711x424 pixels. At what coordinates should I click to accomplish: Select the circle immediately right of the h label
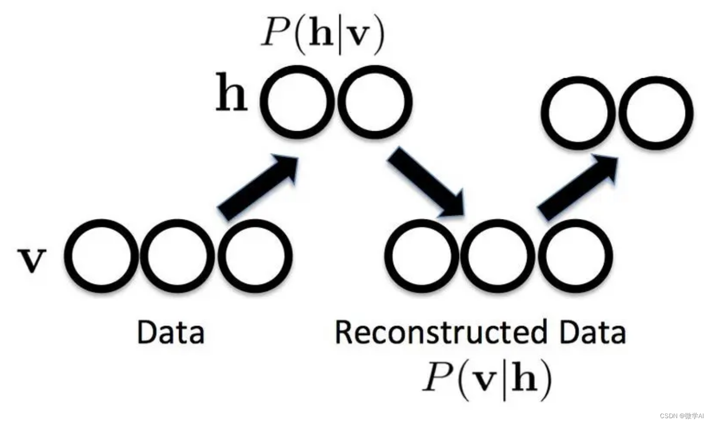[297, 102]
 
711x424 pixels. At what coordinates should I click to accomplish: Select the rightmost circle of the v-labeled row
[255, 256]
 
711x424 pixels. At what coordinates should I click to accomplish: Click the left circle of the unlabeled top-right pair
[578, 113]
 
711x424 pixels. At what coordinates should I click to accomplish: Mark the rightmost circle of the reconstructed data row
[576, 256]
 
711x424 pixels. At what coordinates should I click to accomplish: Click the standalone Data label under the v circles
[170, 333]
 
